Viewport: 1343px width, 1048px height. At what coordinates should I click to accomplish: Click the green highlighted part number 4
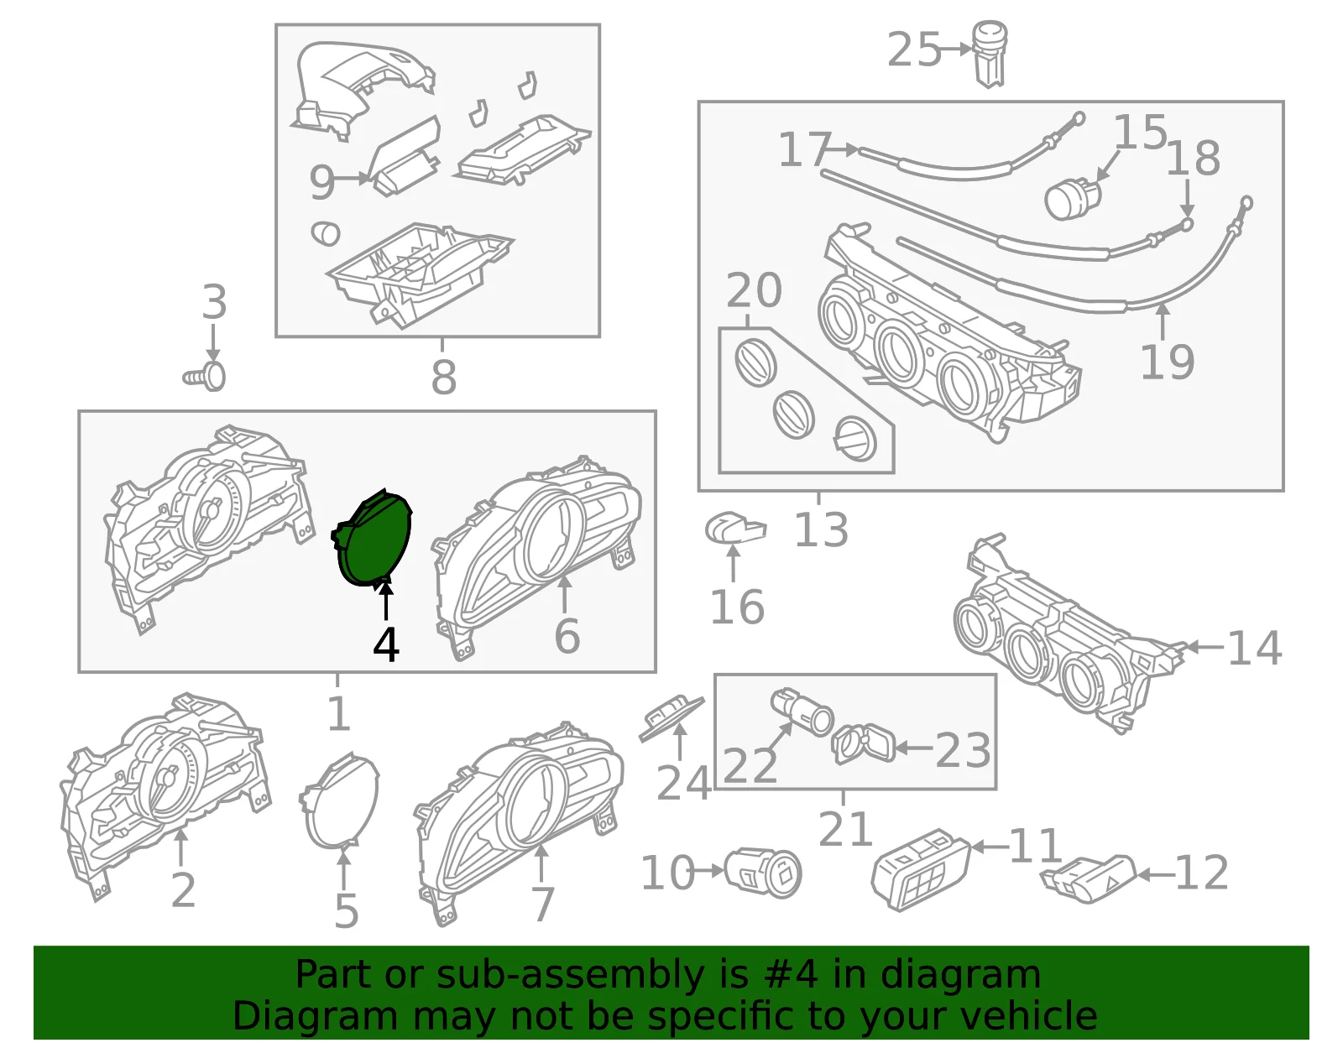click(373, 537)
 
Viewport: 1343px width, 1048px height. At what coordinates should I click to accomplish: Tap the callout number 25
click(913, 50)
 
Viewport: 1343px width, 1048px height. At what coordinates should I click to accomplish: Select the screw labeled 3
click(205, 377)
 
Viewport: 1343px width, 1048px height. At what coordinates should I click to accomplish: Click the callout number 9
click(322, 183)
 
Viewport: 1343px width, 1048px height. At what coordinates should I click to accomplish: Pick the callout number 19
click(1167, 362)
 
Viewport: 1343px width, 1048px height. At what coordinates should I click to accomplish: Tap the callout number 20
click(754, 290)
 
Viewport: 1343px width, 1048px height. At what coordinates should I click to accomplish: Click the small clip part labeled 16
click(735, 529)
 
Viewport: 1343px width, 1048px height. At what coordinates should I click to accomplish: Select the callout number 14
click(1255, 648)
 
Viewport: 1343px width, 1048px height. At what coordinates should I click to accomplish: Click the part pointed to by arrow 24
click(671, 718)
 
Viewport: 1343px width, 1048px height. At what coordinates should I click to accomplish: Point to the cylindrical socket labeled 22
click(802, 712)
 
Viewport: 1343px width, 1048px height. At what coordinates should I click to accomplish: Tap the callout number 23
click(962, 750)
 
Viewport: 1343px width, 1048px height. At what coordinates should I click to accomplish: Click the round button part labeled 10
click(762, 873)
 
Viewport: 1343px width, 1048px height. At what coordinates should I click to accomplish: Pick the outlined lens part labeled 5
click(339, 799)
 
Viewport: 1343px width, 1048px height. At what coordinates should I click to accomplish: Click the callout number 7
click(542, 905)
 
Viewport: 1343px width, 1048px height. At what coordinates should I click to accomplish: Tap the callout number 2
click(183, 890)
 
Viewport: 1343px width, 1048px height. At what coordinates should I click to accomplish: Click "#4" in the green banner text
click(791, 974)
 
